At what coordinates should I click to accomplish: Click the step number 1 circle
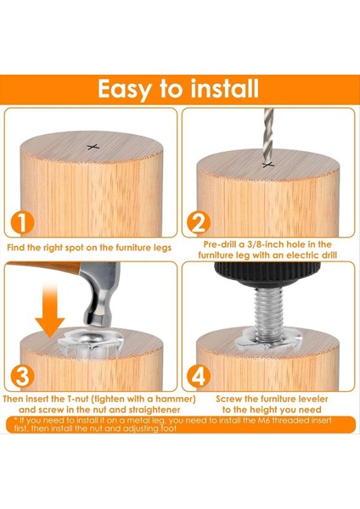22,222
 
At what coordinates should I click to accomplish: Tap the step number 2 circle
199,222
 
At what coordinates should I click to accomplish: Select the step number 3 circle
22,377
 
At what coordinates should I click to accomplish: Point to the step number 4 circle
199,377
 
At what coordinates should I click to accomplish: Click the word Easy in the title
125,90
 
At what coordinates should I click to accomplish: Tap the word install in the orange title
224,88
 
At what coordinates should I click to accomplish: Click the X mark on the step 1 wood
93,147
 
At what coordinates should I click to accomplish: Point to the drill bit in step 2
268,136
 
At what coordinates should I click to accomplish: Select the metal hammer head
99,292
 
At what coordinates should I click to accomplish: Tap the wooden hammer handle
44,267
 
